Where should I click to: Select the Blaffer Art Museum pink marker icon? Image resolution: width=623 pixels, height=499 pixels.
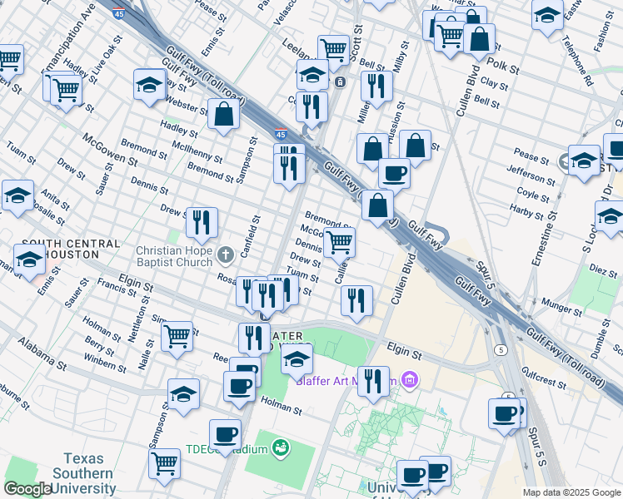click(408, 381)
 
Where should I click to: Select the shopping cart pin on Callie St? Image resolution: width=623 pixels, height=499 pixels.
click(338, 242)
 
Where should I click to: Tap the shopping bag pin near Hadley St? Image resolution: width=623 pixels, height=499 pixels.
click(224, 114)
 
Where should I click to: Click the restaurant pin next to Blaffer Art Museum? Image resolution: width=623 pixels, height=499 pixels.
click(373, 381)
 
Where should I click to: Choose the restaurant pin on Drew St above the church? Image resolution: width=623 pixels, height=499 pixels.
click(201, 222)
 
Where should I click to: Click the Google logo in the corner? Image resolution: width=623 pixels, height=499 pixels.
click(27, 489)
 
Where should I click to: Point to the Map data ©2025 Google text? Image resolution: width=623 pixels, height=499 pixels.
click(571, 492)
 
